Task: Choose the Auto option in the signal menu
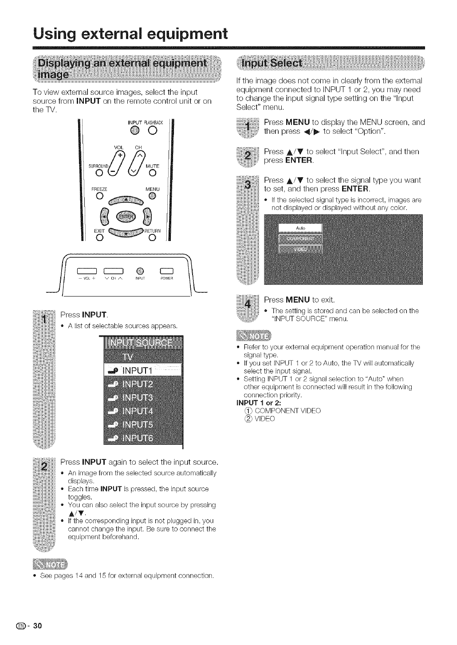(x=300, y=228)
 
